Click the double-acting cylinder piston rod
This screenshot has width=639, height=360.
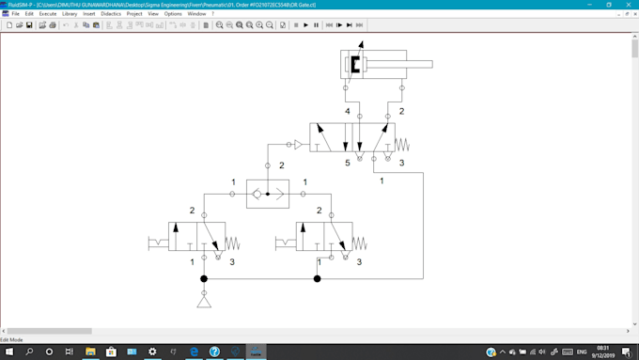413,65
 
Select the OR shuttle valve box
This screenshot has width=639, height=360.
268,194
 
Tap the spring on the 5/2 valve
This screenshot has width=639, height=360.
402,145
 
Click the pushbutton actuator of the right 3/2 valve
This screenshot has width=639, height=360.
286,244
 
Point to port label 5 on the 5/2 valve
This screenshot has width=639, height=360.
347,164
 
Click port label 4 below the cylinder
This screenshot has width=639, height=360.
347,112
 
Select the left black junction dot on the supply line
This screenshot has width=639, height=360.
204,279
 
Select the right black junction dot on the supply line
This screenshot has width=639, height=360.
317,279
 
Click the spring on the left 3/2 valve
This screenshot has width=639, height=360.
232,244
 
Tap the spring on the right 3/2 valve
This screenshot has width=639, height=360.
359,244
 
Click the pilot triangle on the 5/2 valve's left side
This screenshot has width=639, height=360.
297,145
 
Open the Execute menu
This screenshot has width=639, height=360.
47,14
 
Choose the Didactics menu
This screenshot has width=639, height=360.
111,14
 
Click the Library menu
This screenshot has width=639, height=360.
70,14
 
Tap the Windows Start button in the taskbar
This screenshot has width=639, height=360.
8,352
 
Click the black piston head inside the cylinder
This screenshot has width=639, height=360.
355,65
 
